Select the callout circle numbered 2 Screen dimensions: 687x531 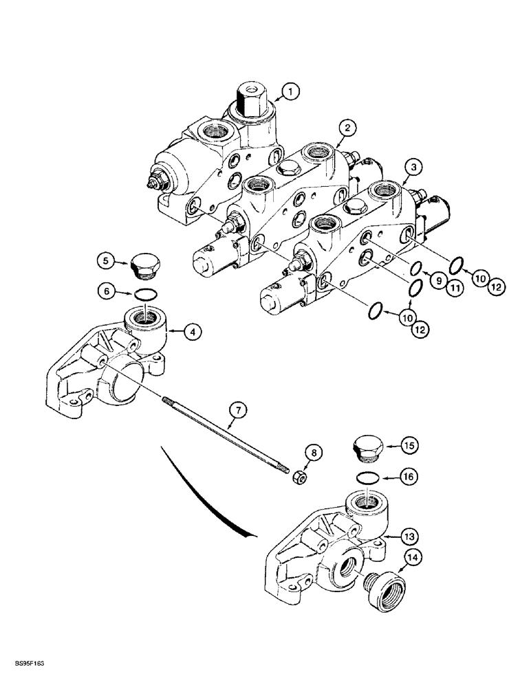(348, 127)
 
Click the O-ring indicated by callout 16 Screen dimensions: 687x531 (367, 477)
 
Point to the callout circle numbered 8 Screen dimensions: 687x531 (314, 453)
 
